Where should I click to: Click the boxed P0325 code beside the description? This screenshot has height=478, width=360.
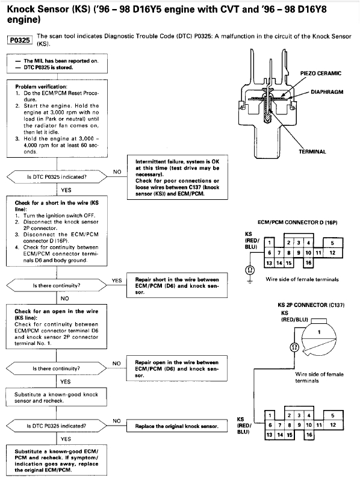(20, 40)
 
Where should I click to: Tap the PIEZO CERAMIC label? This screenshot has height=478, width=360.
(320, 73)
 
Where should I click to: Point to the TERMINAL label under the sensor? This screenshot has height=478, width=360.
(312, 152)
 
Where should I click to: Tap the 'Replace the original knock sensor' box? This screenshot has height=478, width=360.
(177, 426)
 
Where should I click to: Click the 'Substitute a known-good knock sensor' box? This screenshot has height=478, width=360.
(57, 397)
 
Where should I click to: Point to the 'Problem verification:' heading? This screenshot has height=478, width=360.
(42, 86)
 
